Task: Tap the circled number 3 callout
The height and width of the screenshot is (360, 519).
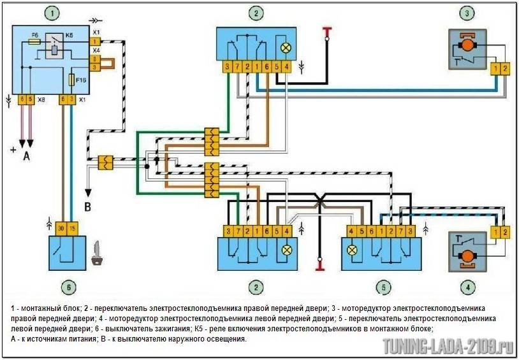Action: tap(468, 13)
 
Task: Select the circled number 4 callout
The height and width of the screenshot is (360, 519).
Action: tap(468, 287)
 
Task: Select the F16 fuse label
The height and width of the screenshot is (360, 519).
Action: tap(81, 80)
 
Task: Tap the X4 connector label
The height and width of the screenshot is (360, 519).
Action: tap(96, 50)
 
